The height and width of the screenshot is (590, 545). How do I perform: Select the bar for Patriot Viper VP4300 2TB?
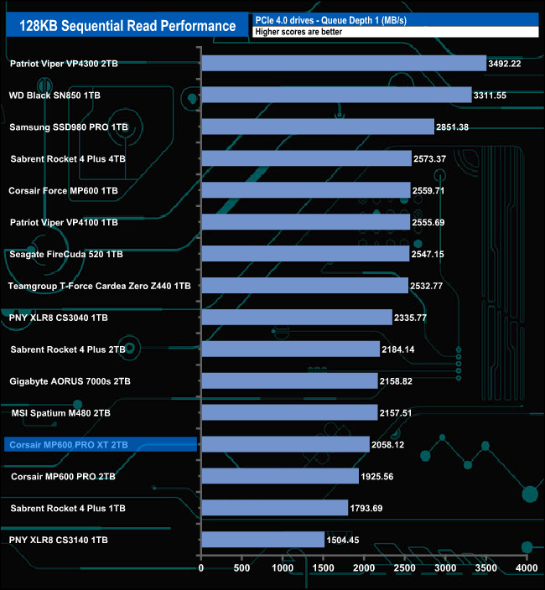tap(344, 63)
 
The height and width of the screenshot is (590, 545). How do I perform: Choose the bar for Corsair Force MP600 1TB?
tap(306, 190)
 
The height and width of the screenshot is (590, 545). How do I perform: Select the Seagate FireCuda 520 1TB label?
tap(66, 254)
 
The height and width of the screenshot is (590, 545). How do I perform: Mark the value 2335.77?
tap(417, 318)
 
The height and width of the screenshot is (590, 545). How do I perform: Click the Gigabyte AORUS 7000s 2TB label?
tap(70, 381)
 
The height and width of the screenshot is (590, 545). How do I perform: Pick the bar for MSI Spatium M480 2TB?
tap(289, 412)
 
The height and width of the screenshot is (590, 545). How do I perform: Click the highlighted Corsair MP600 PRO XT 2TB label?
tap(67, 444)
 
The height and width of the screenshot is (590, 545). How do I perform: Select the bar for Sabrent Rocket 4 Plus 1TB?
tap(274, 507)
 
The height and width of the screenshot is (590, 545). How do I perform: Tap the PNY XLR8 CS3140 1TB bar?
tap(262, 539)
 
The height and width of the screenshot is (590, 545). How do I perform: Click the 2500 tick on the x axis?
tap(404, 568)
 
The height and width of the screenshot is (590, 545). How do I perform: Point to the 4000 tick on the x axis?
tap(526, 568)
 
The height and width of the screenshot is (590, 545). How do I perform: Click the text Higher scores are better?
tap(303, 32)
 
